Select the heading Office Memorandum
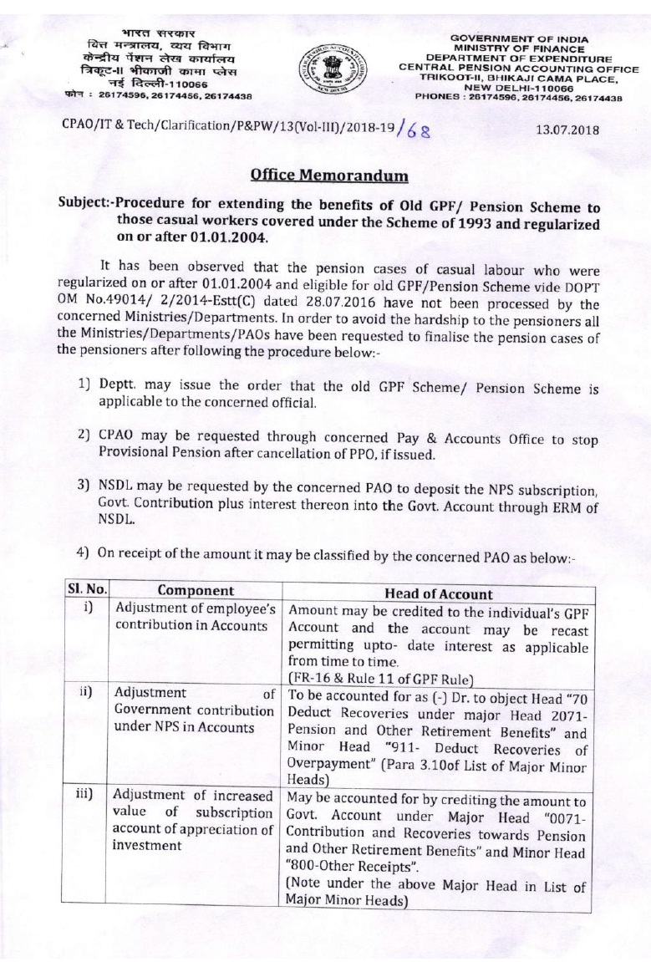(327, 176)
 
